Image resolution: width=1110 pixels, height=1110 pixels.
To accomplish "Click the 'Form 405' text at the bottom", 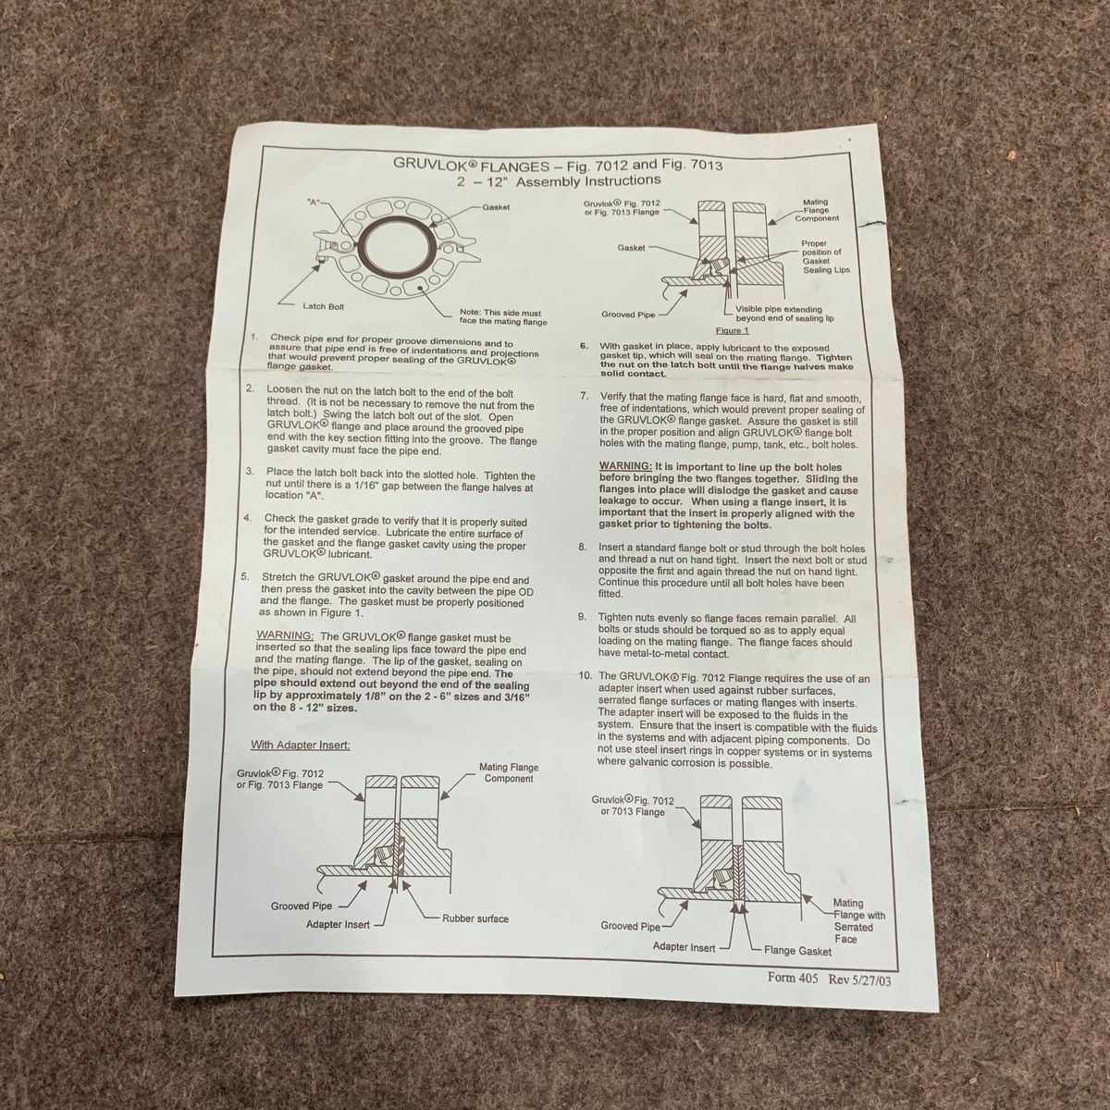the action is click(792, 978).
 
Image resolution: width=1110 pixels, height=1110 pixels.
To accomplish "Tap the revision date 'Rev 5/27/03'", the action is click(859, 980).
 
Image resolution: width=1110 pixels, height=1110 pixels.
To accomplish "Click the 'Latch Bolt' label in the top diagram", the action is click(323, 306).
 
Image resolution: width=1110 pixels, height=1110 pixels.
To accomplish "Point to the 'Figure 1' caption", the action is click(732, 330).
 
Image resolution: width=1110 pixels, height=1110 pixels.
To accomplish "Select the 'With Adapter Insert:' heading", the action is click(300, 745).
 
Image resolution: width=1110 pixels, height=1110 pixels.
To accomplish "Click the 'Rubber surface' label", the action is click(475, 919).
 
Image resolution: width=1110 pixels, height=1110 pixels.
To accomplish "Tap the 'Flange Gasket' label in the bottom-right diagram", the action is click(797, 951).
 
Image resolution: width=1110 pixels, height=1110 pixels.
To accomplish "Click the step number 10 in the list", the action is click(586, 675).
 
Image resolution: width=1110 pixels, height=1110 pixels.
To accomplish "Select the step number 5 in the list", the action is click(245, 576).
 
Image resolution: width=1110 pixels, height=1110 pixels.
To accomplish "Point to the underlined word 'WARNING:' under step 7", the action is click(626, 466).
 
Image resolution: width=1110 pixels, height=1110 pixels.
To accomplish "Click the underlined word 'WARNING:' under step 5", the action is click(285, 635).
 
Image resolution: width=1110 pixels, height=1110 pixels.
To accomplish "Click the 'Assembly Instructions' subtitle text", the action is click(588, 180).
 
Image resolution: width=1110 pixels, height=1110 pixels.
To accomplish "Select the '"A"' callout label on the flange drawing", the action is click(314, 203).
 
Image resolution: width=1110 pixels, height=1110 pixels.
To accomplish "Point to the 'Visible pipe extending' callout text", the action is click(779, 309).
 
